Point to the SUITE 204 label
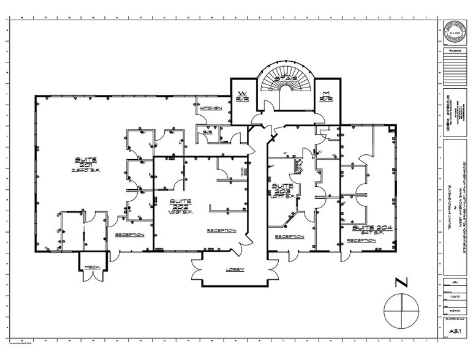(x=363, y=227)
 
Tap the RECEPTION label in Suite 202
(x=221, y=231)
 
